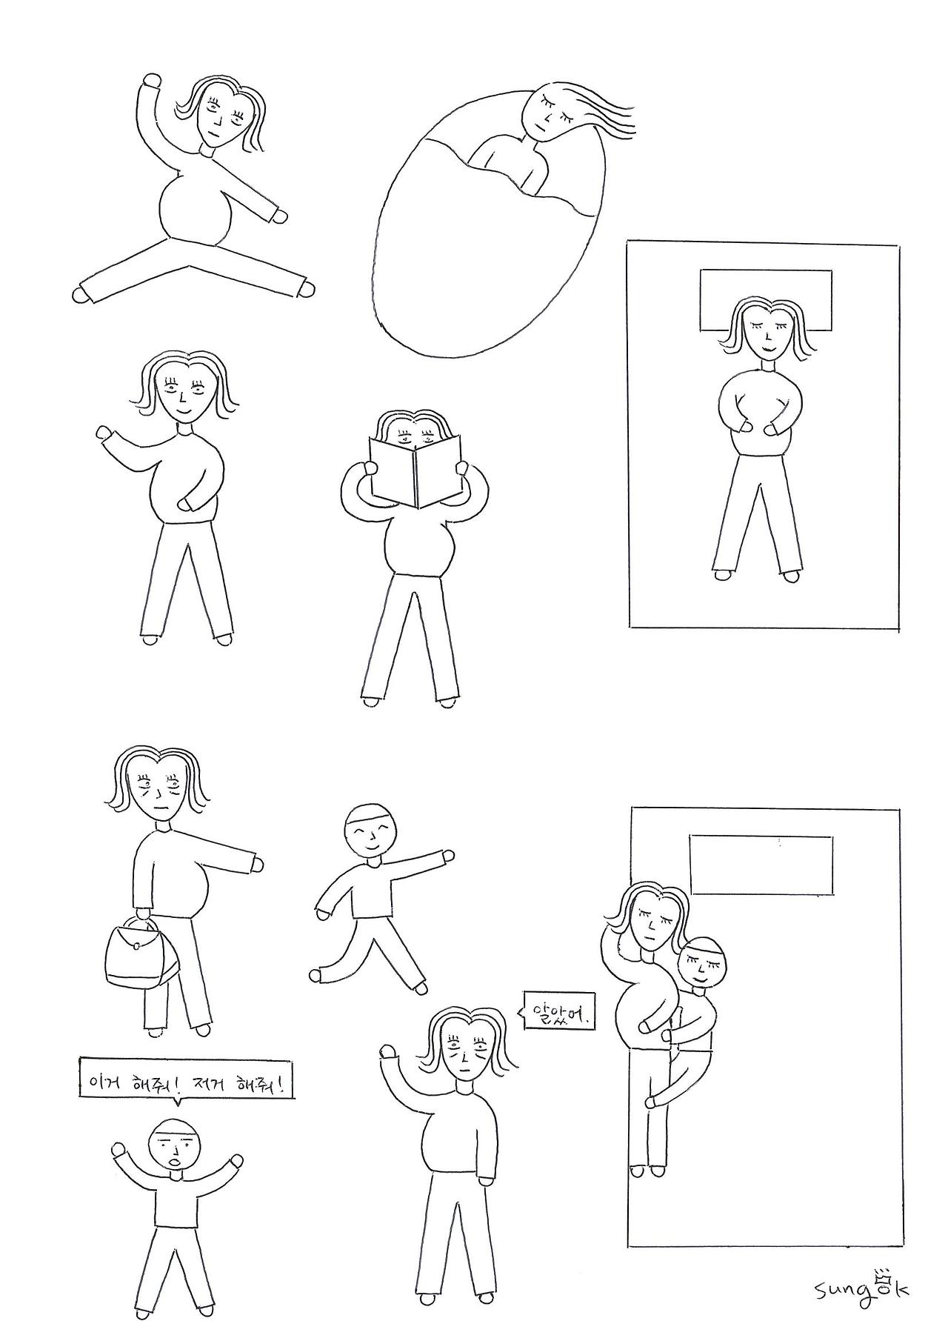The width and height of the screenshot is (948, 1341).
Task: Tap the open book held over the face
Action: tap(415, 470)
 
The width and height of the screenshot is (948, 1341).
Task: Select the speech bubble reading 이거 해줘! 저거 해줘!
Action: tap(187, 1086)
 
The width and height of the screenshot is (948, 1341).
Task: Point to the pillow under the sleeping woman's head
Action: tap(766, 300)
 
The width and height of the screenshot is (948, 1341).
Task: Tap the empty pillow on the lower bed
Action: tap(761, 865)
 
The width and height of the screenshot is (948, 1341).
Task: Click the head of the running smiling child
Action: tap(372, 831)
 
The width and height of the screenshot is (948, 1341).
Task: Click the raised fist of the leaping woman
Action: tap(152, 81)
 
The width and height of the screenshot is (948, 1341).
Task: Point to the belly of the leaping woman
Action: tap(195, 207)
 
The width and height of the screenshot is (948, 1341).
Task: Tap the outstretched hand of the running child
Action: tap(447, 856)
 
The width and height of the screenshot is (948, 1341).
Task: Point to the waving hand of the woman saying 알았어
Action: tap(388, 1052)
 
